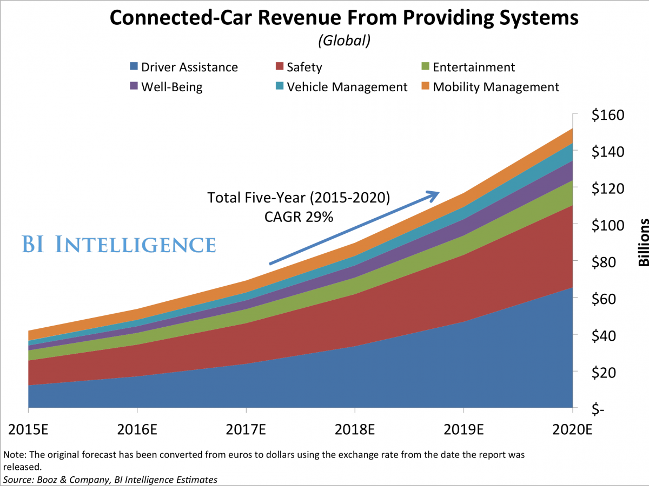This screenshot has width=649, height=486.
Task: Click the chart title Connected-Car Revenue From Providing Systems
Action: [x=344, y=18]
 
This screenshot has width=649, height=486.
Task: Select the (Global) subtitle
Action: [x=345, y=41]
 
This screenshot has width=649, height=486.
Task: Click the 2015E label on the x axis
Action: [x=28, y=430]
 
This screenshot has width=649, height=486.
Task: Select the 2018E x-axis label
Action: [x=355, y=430]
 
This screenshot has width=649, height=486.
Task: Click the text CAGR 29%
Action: [x=299, y=217]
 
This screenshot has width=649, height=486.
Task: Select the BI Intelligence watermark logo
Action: [x=119, y=244]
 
